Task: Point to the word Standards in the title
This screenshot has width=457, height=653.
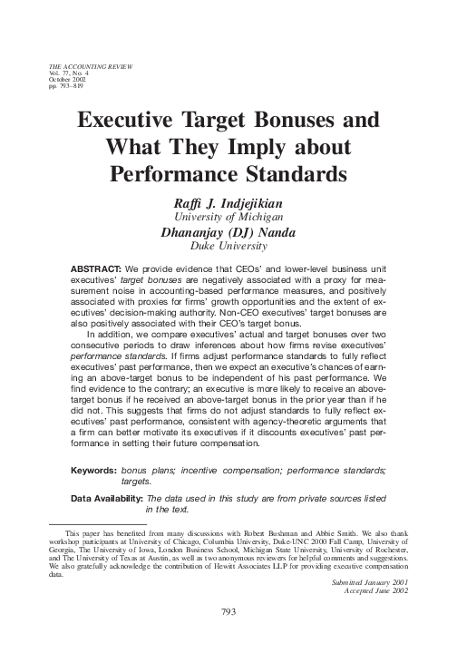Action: click(x=278, y=171)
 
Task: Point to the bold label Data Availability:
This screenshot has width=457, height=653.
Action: click(x=106, y=499)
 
